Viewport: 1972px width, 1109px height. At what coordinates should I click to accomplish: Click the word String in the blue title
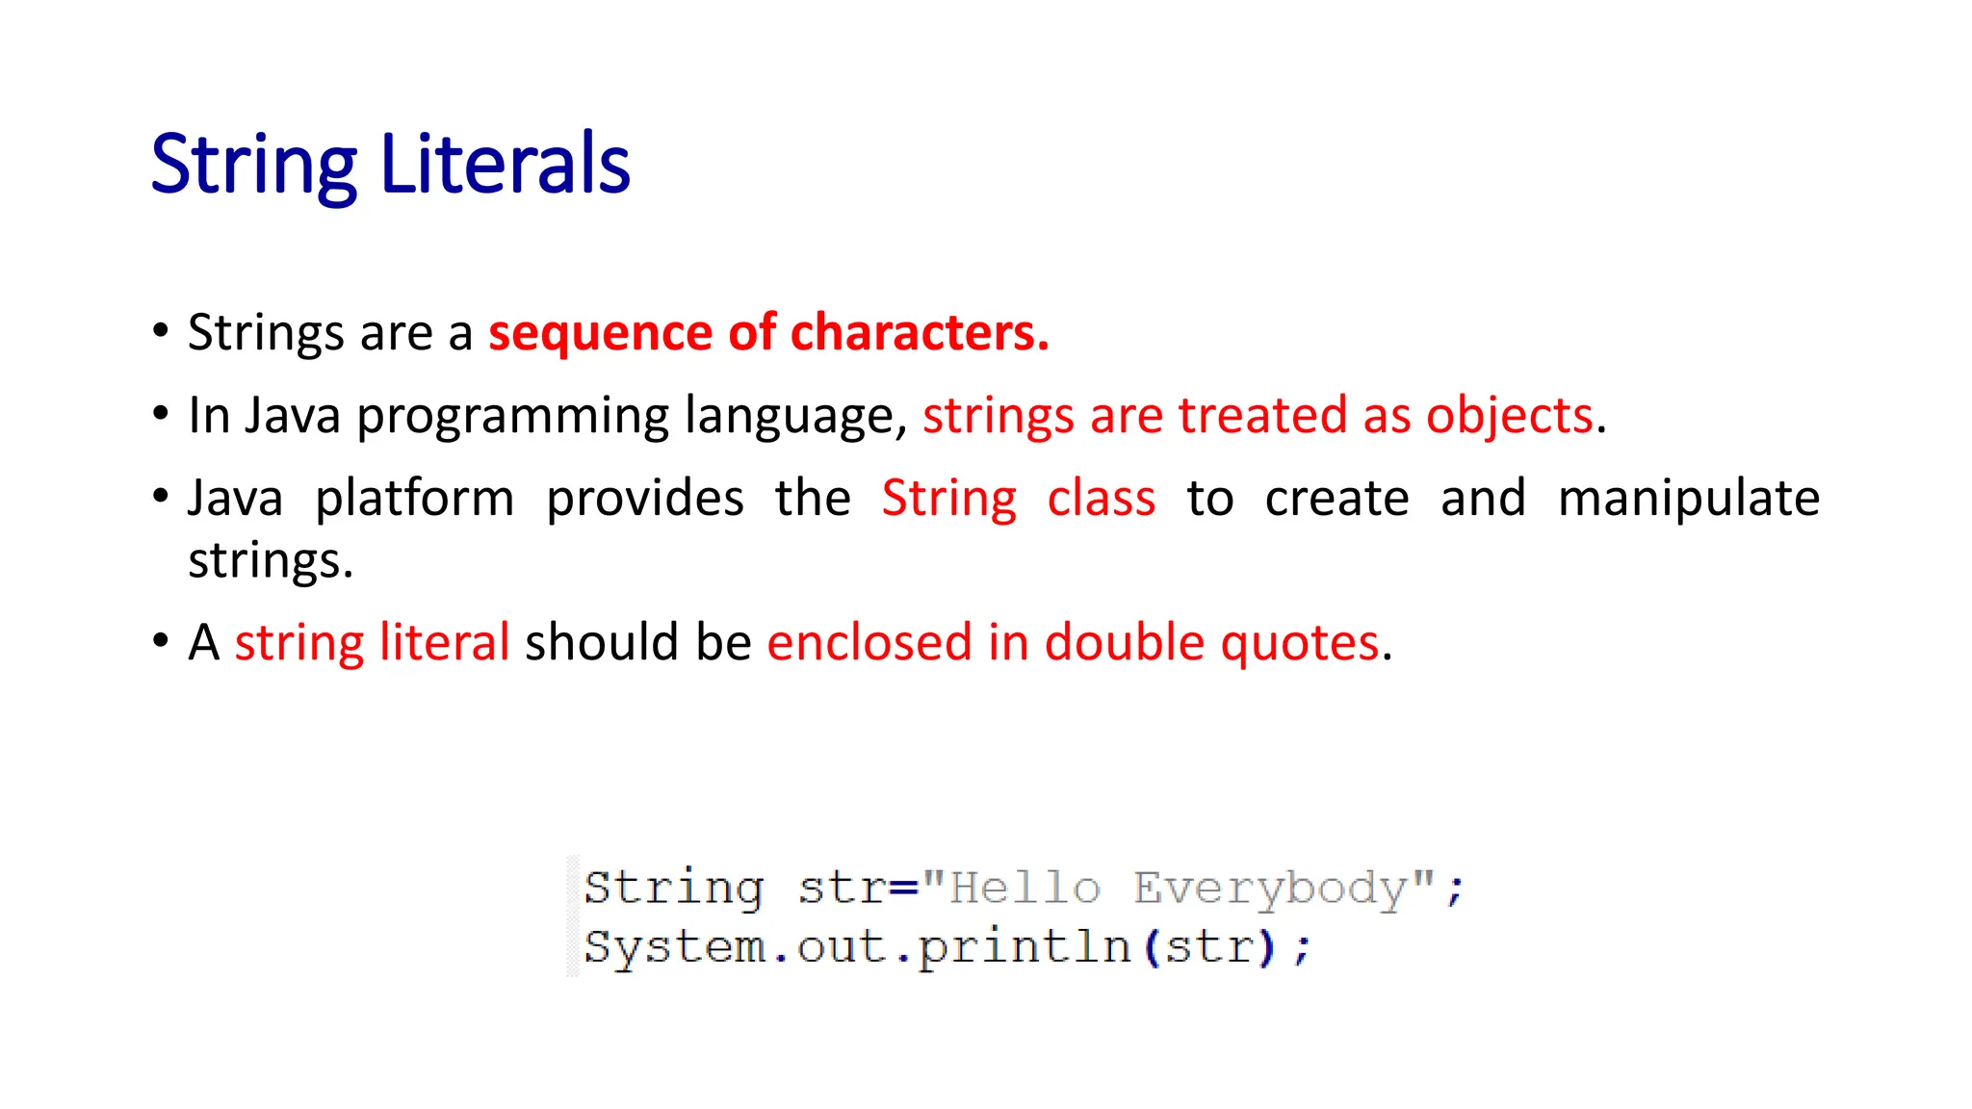pyautogui.click(x=253, y=166)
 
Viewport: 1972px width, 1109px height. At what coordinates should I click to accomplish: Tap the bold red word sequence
pyautogui.click(x=600, y=334)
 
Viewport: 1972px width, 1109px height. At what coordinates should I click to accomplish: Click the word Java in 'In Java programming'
pyautogui.click(x=293, y=416)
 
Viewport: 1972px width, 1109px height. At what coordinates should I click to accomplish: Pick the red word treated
pyautogui.click(x=1261, y=416)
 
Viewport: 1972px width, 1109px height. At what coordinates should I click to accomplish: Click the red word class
pyautogui.click(x=1101, y=499)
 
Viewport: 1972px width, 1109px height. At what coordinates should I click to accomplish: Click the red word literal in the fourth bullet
pyautogui.click(x=444, y=642)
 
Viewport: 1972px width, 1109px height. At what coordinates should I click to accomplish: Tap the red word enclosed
pyautogui.click(x=869, y=642)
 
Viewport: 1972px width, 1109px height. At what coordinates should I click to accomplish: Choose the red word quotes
pyautogui.click(x=1299, y=644)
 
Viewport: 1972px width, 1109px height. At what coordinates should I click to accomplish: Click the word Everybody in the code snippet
pyautogui.click(x=1270, y=889)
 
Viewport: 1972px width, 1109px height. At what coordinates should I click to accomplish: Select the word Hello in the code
pyautogui.click(x=1025, y=888)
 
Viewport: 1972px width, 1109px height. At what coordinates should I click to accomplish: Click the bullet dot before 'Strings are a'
pyautogui.click(x=161, y=331)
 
